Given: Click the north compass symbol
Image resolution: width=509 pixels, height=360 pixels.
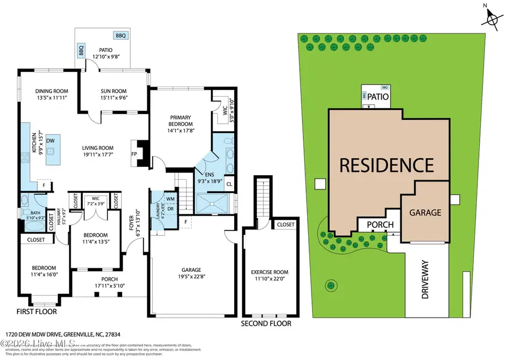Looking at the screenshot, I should (492, 18).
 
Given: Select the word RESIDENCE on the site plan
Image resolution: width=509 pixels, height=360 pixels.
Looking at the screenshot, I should (386, 165).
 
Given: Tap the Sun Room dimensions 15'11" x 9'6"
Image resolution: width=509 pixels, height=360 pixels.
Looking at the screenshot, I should (114, 99).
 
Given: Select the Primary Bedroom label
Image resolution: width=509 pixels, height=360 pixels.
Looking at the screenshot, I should (181, 121).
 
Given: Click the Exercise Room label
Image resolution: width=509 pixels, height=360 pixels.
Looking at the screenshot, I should (269, 272).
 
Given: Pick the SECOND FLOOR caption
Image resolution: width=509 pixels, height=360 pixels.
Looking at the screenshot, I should (266, 324).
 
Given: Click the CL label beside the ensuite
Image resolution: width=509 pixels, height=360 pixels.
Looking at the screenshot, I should (228, 184).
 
